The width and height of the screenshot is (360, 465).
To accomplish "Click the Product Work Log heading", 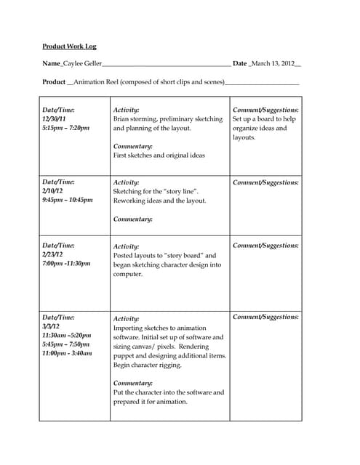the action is pos(69,46).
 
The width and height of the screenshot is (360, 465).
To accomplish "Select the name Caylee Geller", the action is pos(83,64).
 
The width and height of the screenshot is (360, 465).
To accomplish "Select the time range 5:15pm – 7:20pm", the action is pos(66,128).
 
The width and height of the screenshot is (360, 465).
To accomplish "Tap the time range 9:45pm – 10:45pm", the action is pos(68,200).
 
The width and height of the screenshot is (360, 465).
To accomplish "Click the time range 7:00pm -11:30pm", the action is pos(66,264).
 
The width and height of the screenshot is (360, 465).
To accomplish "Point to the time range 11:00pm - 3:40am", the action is pos(67,353).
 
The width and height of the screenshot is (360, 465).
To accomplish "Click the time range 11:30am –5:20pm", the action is pos(67,335).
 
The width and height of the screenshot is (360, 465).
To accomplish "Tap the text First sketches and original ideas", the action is pos(159,155).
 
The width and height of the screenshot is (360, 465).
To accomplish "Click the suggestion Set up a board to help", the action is pos(265,118).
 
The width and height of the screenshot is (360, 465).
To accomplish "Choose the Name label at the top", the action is pos(52,64).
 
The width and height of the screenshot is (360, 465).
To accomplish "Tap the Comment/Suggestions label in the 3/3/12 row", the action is pos(265,317).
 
